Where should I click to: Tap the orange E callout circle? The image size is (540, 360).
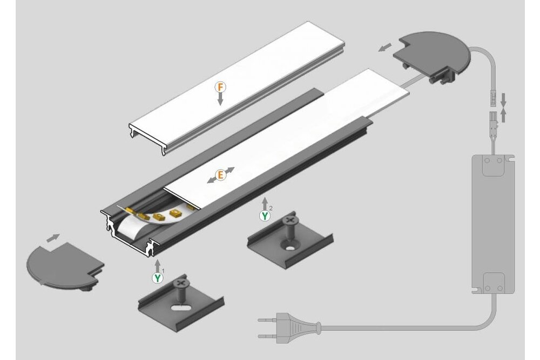pos(220,175)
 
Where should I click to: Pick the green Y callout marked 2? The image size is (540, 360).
pos(265,216)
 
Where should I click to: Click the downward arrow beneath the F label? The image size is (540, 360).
pos(220,99)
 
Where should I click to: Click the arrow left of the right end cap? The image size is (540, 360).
pos(385,47)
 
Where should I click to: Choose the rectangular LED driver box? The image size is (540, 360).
pos(492,223)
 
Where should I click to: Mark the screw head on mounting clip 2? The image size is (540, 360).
pos(292,220)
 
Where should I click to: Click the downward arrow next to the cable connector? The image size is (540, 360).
pos(503,99)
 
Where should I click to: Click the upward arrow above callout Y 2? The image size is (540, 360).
pos(265,204)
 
